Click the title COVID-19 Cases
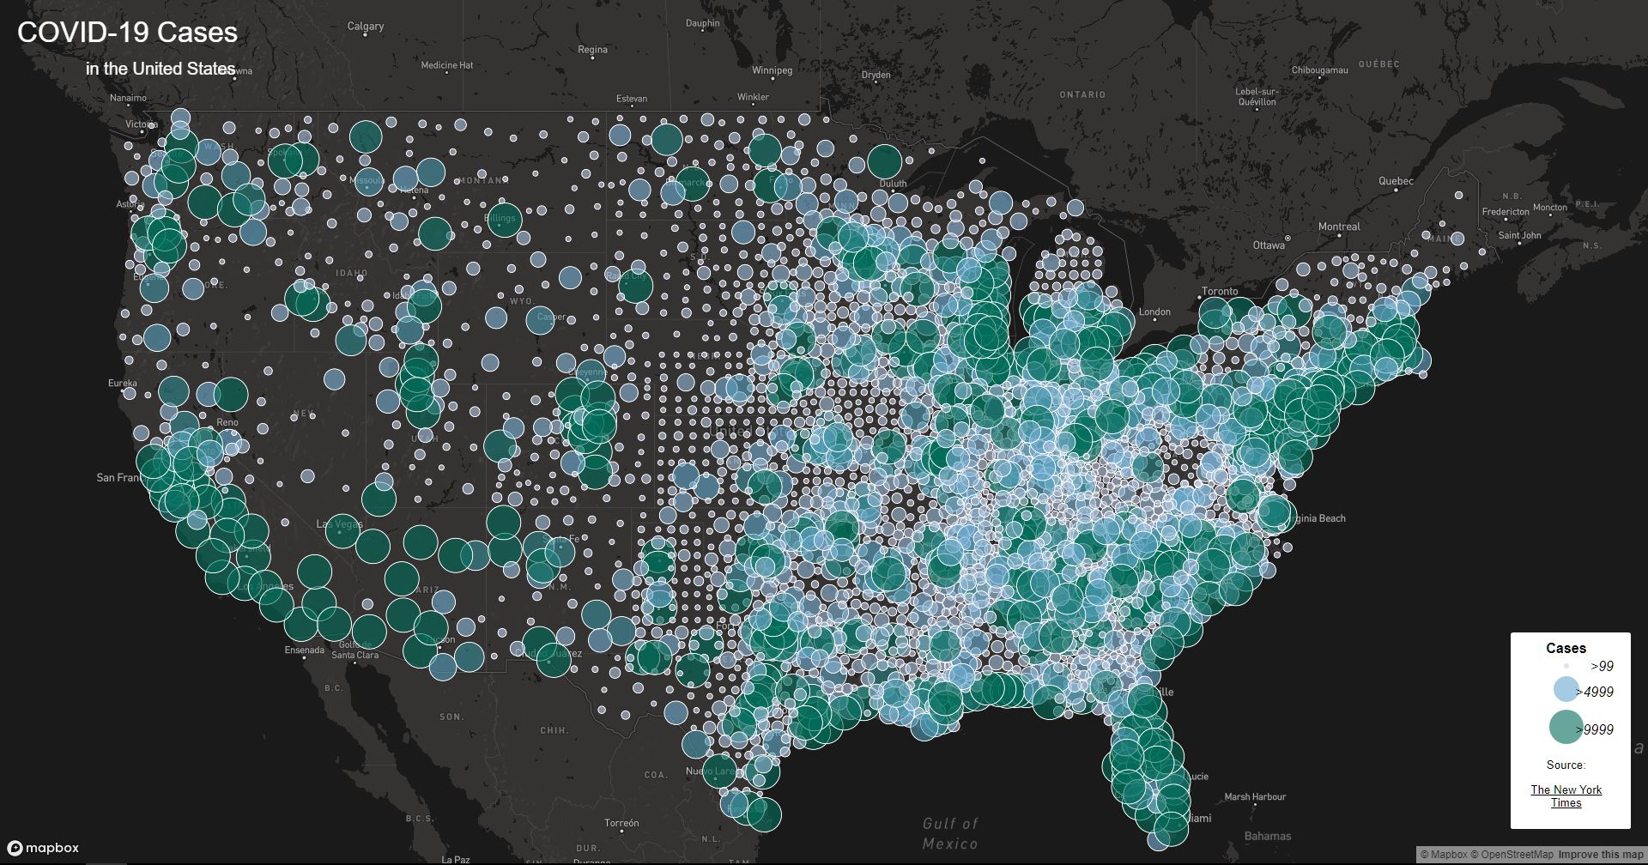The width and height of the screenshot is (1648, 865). (127, 33)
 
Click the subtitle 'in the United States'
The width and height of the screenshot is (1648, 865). (161, 69)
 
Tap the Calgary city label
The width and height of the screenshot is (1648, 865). (366, 27)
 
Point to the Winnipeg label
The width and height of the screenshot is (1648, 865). (772, 70)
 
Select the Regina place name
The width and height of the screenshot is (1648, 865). (592, 50)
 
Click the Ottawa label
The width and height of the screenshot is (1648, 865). (1269, 245)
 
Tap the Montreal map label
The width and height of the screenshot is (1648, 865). (1339, 227)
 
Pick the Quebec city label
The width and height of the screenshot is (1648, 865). (1396, 181)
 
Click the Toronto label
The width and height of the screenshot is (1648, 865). (1220, 292)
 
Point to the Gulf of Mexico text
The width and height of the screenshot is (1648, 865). (950, 833)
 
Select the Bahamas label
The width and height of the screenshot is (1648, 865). (1267, 836)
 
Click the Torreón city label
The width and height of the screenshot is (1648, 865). (621, 823)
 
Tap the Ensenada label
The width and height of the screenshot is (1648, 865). (305, 650)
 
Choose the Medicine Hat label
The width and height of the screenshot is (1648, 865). (446, 65)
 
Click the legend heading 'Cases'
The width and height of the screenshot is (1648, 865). (1566, 649)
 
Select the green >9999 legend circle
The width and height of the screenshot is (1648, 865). (1566, 728)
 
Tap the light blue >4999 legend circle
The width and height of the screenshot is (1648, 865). (1566, 689)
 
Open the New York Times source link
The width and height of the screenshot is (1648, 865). (1566, 796)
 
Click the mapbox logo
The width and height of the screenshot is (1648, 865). (44, 848)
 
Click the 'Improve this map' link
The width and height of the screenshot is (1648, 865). (1600, 855)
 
